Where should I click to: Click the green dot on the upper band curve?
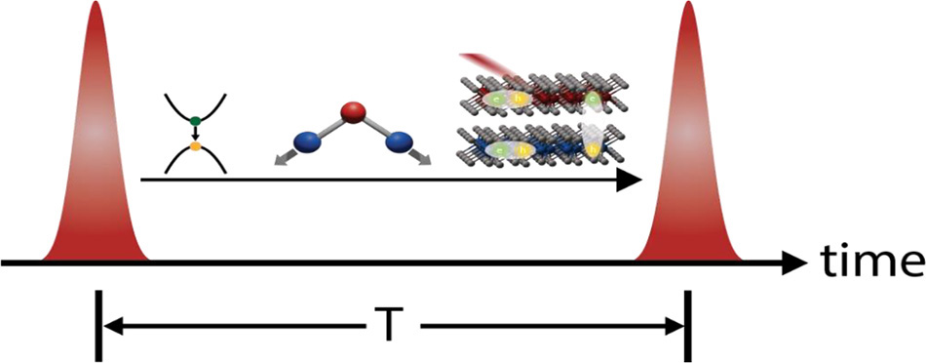pos(195,121)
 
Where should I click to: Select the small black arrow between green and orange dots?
pos(195,135)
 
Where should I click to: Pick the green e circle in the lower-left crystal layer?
pos(501,149)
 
